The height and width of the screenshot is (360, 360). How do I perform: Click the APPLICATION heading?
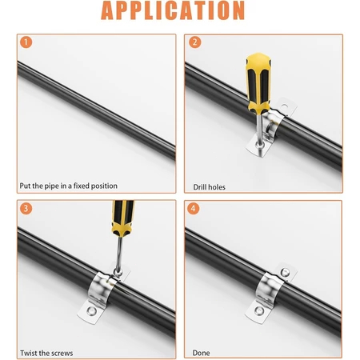(x=173, y=10)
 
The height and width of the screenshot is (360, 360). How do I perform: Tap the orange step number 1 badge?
(x=26, y=42)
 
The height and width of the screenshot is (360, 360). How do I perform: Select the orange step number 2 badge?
(x=195, y=42)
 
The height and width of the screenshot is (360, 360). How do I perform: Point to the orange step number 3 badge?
(x=26, y=208)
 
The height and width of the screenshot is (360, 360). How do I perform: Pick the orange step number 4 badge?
(x=194, y=208)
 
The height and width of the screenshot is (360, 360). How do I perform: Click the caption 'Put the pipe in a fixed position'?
(x=69, y=186)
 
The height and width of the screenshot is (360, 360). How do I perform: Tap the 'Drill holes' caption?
(x=209, y=187)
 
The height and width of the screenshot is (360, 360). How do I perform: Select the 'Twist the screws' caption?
(x=46, y=354)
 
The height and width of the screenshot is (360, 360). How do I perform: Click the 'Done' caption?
(x=201, y=353)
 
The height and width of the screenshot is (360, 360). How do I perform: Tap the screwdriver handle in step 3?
(x=122, y=218)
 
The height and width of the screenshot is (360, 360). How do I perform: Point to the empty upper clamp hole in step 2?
(x=284, y=106)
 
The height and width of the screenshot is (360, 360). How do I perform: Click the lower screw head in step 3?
(x=91, y=311)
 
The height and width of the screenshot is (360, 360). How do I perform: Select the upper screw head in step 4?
(x=285, y=272)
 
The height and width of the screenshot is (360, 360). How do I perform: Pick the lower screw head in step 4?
(x=259, y=310)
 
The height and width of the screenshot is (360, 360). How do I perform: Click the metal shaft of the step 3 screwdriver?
(x=119, y=254)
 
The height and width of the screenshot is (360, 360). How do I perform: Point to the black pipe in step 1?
(x=96, y=110)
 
